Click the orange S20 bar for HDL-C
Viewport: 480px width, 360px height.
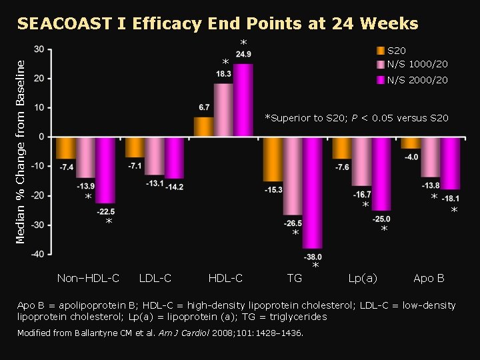[x=203, y=127]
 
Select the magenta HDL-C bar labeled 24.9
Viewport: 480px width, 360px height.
[x=243, y=100]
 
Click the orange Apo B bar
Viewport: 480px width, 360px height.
[x=411, y=143]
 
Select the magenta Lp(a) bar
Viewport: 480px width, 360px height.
[x=381, y=173]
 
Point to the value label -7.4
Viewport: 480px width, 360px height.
[x=66, y=167]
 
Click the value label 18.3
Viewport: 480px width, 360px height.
[x=224, y=74]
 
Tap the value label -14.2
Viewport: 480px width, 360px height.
[x=175, y=187]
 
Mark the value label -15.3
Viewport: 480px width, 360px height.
[x=273, y=190]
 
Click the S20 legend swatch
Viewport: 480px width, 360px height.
[x=380, y=51]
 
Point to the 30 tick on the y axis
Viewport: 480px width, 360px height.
[x=40, y=49]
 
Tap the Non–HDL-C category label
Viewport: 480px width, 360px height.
[x=88, y=278]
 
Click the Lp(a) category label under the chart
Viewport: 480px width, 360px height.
[x=363, y=278]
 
